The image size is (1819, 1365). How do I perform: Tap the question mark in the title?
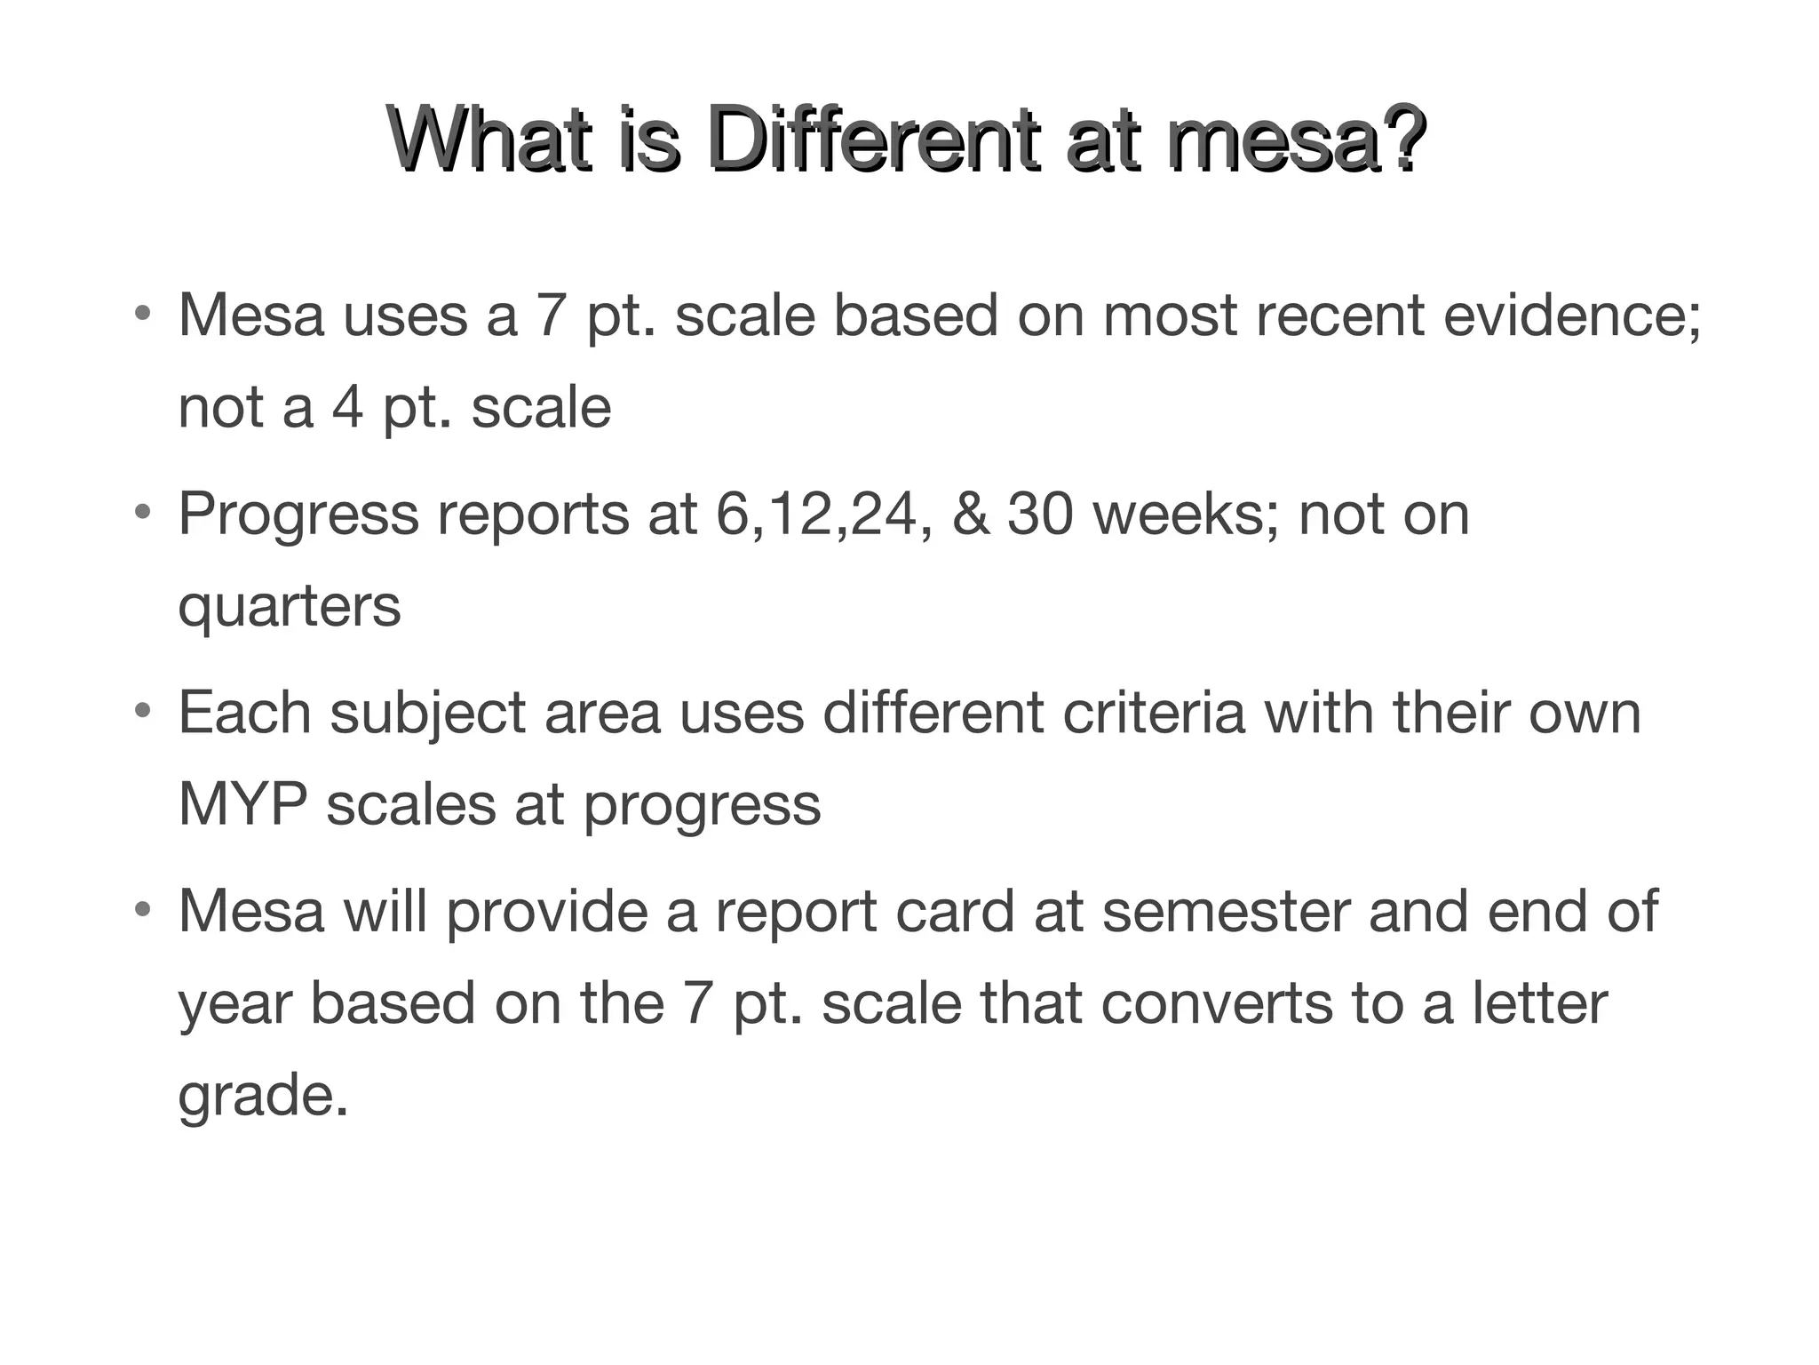(x=1402, y=141)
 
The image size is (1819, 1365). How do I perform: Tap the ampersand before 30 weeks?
(x=970, y=515)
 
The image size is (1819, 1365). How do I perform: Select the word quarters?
(x=290, y=608)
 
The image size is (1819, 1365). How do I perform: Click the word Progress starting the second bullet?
(x=298, y=516)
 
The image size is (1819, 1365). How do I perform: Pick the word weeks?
(x=1186, y=515)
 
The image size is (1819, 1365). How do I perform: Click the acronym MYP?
(x=242, y=805)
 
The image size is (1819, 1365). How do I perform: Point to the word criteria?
(x=1154, y=714)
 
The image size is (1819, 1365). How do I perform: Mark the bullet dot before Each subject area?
(x=141, y=712)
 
